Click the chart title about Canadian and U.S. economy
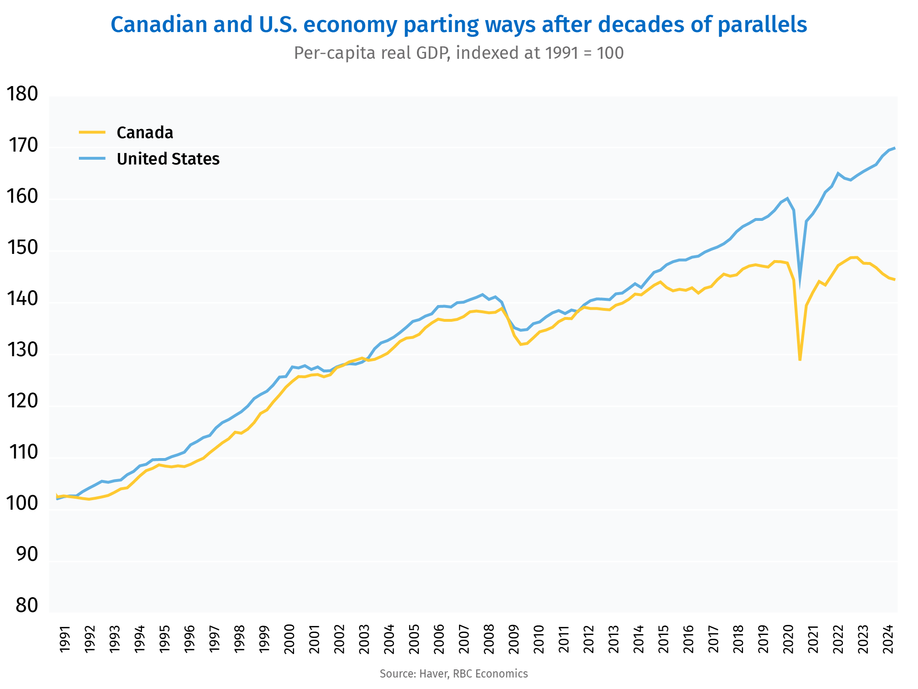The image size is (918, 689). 459,25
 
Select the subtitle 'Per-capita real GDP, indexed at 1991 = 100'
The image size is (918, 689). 459,53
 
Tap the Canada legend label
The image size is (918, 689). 145,132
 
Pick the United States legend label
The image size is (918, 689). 168,159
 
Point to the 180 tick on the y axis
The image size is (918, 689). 23,94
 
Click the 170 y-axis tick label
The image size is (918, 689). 23,145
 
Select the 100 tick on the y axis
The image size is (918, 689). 23,503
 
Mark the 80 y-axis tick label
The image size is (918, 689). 27,605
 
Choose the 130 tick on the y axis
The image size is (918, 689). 23,350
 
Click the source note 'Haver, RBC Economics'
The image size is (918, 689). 454,674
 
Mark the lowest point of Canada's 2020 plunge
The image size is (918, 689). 800,360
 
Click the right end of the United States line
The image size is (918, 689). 895,148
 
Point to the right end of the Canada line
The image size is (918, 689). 895,280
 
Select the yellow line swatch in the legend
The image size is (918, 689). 92,132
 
